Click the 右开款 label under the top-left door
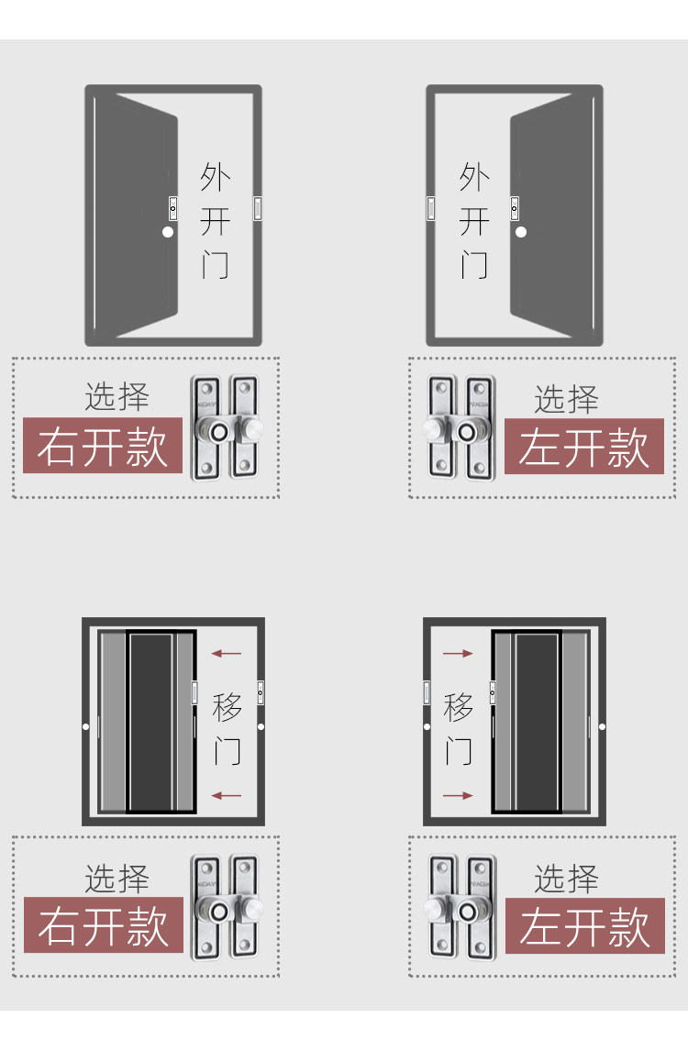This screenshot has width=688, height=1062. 103,447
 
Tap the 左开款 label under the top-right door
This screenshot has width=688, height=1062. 584,447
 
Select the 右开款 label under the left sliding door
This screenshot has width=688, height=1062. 103,925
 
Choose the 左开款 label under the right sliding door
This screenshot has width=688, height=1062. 584,926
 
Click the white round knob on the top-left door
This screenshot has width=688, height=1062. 168,232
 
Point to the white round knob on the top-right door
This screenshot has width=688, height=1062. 521,232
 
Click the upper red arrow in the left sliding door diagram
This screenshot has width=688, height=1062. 226,654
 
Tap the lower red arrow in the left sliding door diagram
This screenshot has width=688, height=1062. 226,795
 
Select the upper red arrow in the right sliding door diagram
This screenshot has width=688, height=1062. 458,654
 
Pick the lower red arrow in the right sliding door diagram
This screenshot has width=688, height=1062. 458,795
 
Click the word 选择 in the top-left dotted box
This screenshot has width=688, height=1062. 117,397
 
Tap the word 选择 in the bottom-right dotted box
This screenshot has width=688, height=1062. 566,879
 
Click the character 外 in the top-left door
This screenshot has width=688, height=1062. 216,177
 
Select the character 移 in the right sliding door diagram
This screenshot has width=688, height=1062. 459,707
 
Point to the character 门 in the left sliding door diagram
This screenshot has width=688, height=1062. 227,749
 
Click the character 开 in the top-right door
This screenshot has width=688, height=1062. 474,222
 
